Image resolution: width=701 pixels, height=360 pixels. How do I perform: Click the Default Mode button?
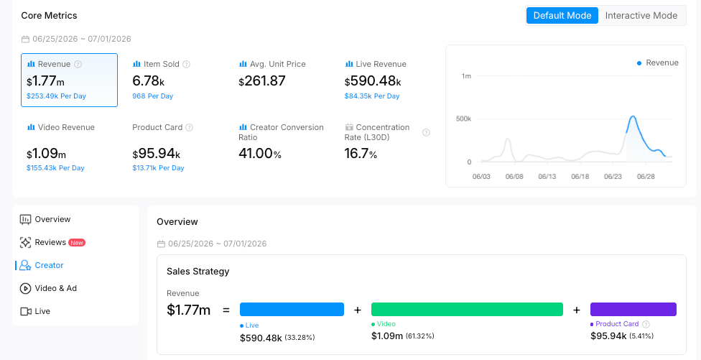coord(562,15)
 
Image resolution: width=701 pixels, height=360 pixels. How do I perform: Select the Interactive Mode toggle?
coord(641,15)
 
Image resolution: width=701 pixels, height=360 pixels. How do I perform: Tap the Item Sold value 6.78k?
coord(149,81)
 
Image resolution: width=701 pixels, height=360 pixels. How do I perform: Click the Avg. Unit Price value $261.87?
coord(262,81)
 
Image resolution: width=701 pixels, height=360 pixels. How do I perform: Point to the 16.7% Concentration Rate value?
coord(361,153)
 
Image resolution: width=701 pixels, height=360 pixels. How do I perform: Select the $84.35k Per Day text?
coord(372,96)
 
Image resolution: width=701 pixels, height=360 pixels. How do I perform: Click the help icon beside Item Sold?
coord(187,64)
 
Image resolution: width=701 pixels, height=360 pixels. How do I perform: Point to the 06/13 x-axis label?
coord(547,176)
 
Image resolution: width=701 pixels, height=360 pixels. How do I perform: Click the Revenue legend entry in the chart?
coord(658,63)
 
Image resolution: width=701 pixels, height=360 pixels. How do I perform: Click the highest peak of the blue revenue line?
coord(633,116)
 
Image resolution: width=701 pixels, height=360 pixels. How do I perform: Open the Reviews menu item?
coord(50,242)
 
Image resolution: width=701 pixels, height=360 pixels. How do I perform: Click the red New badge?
coord(77,243)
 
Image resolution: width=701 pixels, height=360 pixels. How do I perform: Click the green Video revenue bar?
coord(467,310)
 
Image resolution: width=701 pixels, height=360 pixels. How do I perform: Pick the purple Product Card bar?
coord(633,310)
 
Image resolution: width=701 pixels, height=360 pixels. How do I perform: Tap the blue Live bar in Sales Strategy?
coord(292,310)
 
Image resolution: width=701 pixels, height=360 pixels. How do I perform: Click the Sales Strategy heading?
coord(198,272)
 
